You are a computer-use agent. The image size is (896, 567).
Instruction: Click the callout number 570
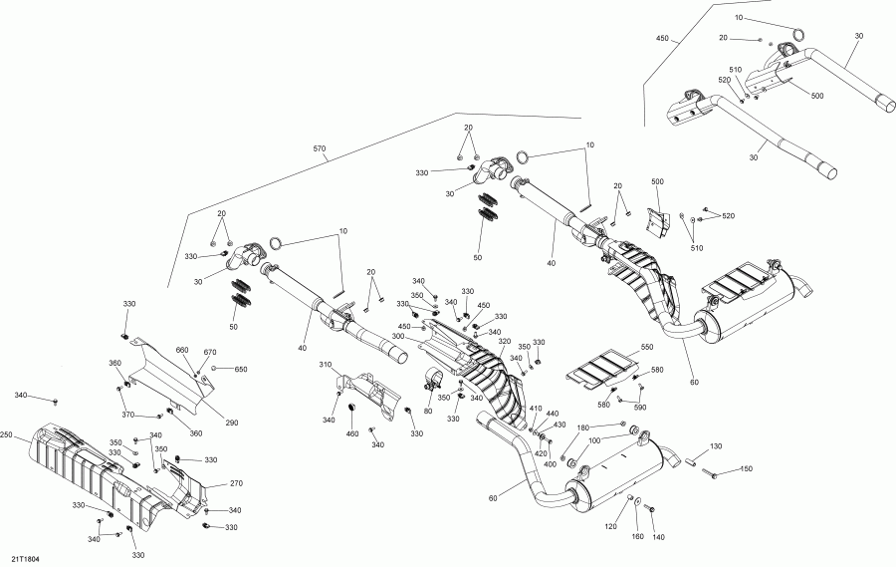pos(320,148)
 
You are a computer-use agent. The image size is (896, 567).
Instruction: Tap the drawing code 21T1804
pos(27,560)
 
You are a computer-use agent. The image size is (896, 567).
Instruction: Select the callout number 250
pos(9,434)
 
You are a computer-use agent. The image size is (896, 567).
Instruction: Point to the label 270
pos(236,482)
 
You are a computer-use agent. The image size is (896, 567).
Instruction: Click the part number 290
pos(232,424)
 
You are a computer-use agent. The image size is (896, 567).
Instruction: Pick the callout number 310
pos(326,366)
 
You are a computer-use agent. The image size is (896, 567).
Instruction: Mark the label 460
pos(351,433)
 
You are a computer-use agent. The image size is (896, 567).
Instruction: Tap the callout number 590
pos(640,407)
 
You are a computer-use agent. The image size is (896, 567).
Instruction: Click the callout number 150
pos(746,469)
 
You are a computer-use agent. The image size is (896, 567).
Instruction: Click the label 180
pos(583,427)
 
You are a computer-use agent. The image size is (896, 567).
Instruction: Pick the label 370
pos(127,415)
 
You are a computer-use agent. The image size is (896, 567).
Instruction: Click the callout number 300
pos(398,337)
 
